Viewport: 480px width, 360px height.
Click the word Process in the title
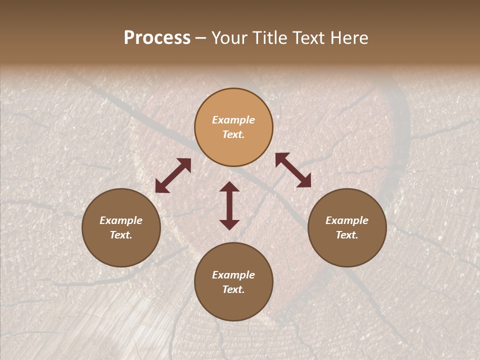pyautogui.click(x=157, y=38)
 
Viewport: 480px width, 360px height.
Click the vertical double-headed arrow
pyautogui.click(x=229, y=205)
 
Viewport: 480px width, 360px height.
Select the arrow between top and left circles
pyautogui.click(x=173, y=175)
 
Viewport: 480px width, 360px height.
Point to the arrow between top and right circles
pyautogui.click(x=293, y=170)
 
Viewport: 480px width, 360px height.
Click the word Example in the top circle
pyautogui.click(x=233, y=120)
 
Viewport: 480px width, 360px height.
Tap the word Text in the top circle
pyautogui.click(x=233, y=134)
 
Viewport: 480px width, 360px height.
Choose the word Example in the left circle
pyautogui.click(x=121, y=220)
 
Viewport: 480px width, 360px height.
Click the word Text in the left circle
pyautogui.click(x=121, y=235)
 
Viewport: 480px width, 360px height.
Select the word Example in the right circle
pyautogui.click(x=347, y=220)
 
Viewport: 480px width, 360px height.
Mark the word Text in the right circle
pyautogui.click(x=347, y=235)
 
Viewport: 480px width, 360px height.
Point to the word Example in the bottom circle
pyautogui.click(x=233, y=275)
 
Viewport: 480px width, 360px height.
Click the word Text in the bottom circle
pyautogui.click(x=233, y=289)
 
